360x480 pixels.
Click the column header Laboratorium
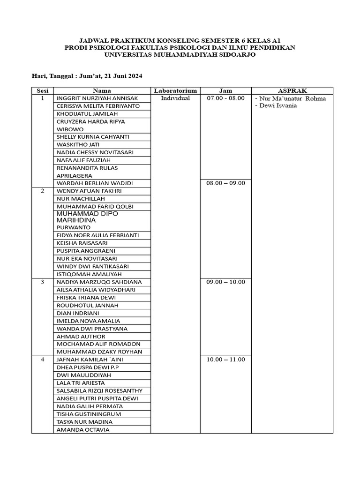(x=175, y=90)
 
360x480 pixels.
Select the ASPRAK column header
(x=292, y=90)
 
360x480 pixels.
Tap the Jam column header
(x=225, y=90)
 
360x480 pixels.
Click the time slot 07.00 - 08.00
(x=225, y=98)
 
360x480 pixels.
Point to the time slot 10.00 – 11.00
(x=225, y=360)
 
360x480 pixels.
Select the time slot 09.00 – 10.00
(x=225, y=282)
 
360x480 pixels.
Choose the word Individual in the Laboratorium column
(x=175, y=98)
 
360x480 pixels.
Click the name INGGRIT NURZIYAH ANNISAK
(x=97, y=98)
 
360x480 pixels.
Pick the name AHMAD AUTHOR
(x=81, y=337)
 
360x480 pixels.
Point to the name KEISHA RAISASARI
(x=82, y=243)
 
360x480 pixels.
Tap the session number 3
(x=42, y=282)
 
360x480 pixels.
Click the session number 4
(x=42, y=360)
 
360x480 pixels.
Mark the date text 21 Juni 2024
(x=121, y=75)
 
